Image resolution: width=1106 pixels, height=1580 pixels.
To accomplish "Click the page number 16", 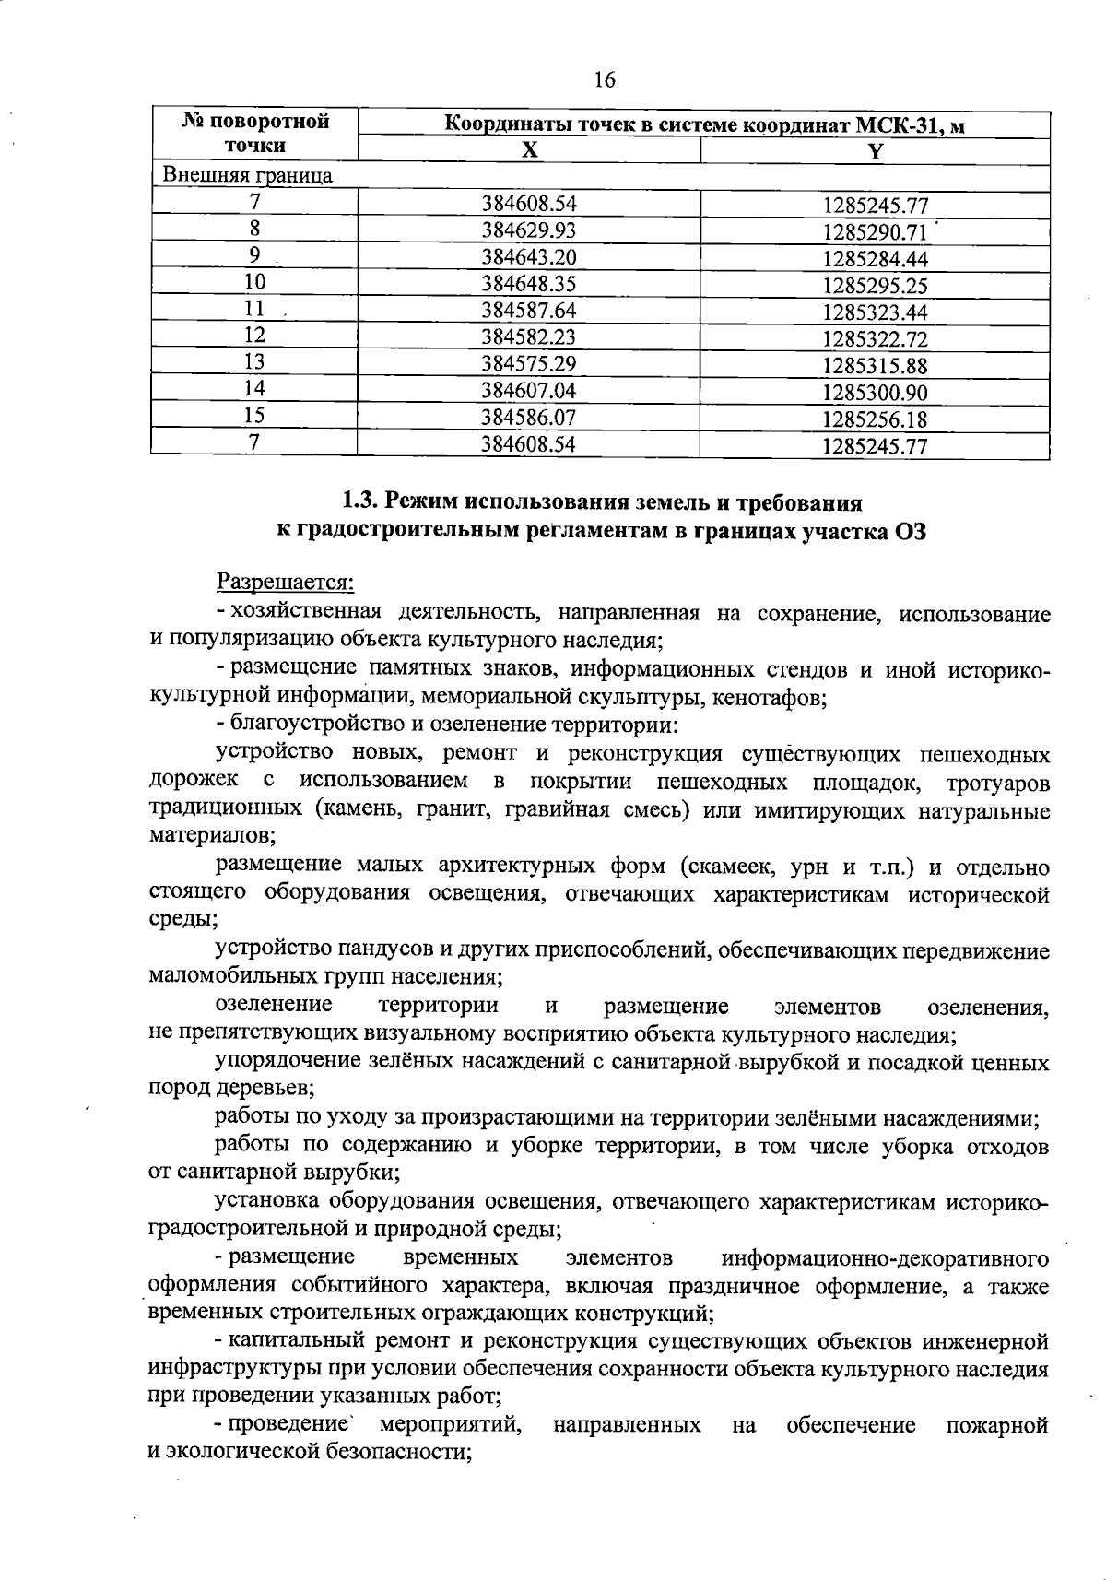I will (x=605, y=80).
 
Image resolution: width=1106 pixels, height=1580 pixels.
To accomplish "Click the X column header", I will (x=529, y=151).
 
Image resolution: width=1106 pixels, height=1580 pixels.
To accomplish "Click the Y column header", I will (x=875, y=152).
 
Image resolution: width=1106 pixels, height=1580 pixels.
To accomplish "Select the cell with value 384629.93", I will (x=529, y=230).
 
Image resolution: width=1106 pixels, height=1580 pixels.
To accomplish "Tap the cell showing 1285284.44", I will (x=875, y=259).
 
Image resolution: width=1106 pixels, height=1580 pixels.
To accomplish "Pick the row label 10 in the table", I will (x=254, y=282).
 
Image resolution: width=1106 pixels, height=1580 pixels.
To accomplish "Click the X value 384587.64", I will (x=529, y=311).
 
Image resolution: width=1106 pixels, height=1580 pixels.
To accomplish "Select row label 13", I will (x=254, y=362).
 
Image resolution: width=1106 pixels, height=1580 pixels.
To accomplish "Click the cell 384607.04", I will (x=529, y=390).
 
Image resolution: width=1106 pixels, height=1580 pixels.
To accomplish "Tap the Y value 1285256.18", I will (x=875, y=419).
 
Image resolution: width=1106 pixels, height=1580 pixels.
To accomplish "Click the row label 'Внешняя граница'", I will (x=247, y=175).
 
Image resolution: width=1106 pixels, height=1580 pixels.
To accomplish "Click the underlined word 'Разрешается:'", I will (x=285, y=582).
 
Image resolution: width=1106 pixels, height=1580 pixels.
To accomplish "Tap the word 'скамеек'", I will (x=726, y=867).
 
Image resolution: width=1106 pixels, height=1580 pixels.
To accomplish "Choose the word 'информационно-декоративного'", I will (x=886, y=1257).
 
